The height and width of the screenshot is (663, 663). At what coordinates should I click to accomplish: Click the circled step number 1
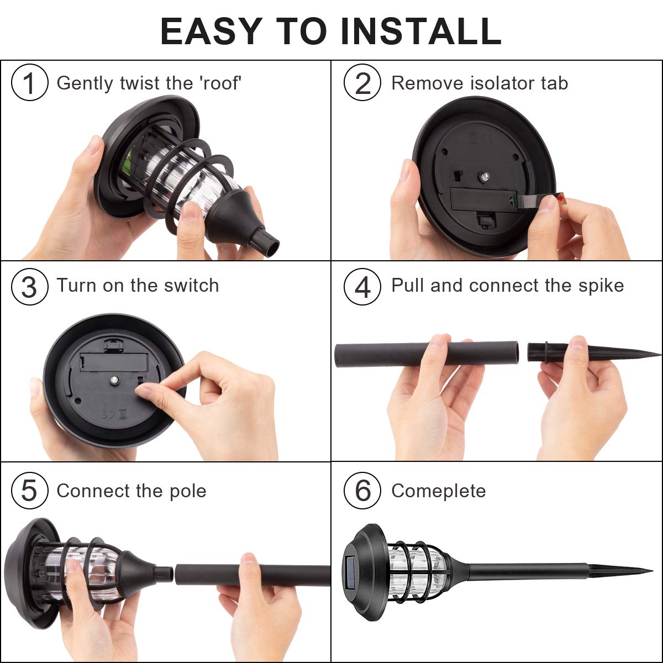[x=29, y=83]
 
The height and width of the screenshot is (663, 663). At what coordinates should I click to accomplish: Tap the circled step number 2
[x=362, y=83]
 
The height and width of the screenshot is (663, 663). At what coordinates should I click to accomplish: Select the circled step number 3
[x=29, y=287]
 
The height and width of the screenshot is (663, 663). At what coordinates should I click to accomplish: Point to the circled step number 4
[x=362, y=287]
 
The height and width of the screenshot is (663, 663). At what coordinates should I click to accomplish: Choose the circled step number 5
[x=29, y=491]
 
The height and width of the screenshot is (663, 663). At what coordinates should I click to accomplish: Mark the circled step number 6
[x=362, y=491]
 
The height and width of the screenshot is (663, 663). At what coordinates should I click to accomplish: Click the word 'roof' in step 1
[x=220, y=83]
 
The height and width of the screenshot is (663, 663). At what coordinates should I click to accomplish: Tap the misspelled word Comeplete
[x=438, y=491]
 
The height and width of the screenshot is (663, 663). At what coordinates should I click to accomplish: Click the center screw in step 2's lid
[x=484, y=177]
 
